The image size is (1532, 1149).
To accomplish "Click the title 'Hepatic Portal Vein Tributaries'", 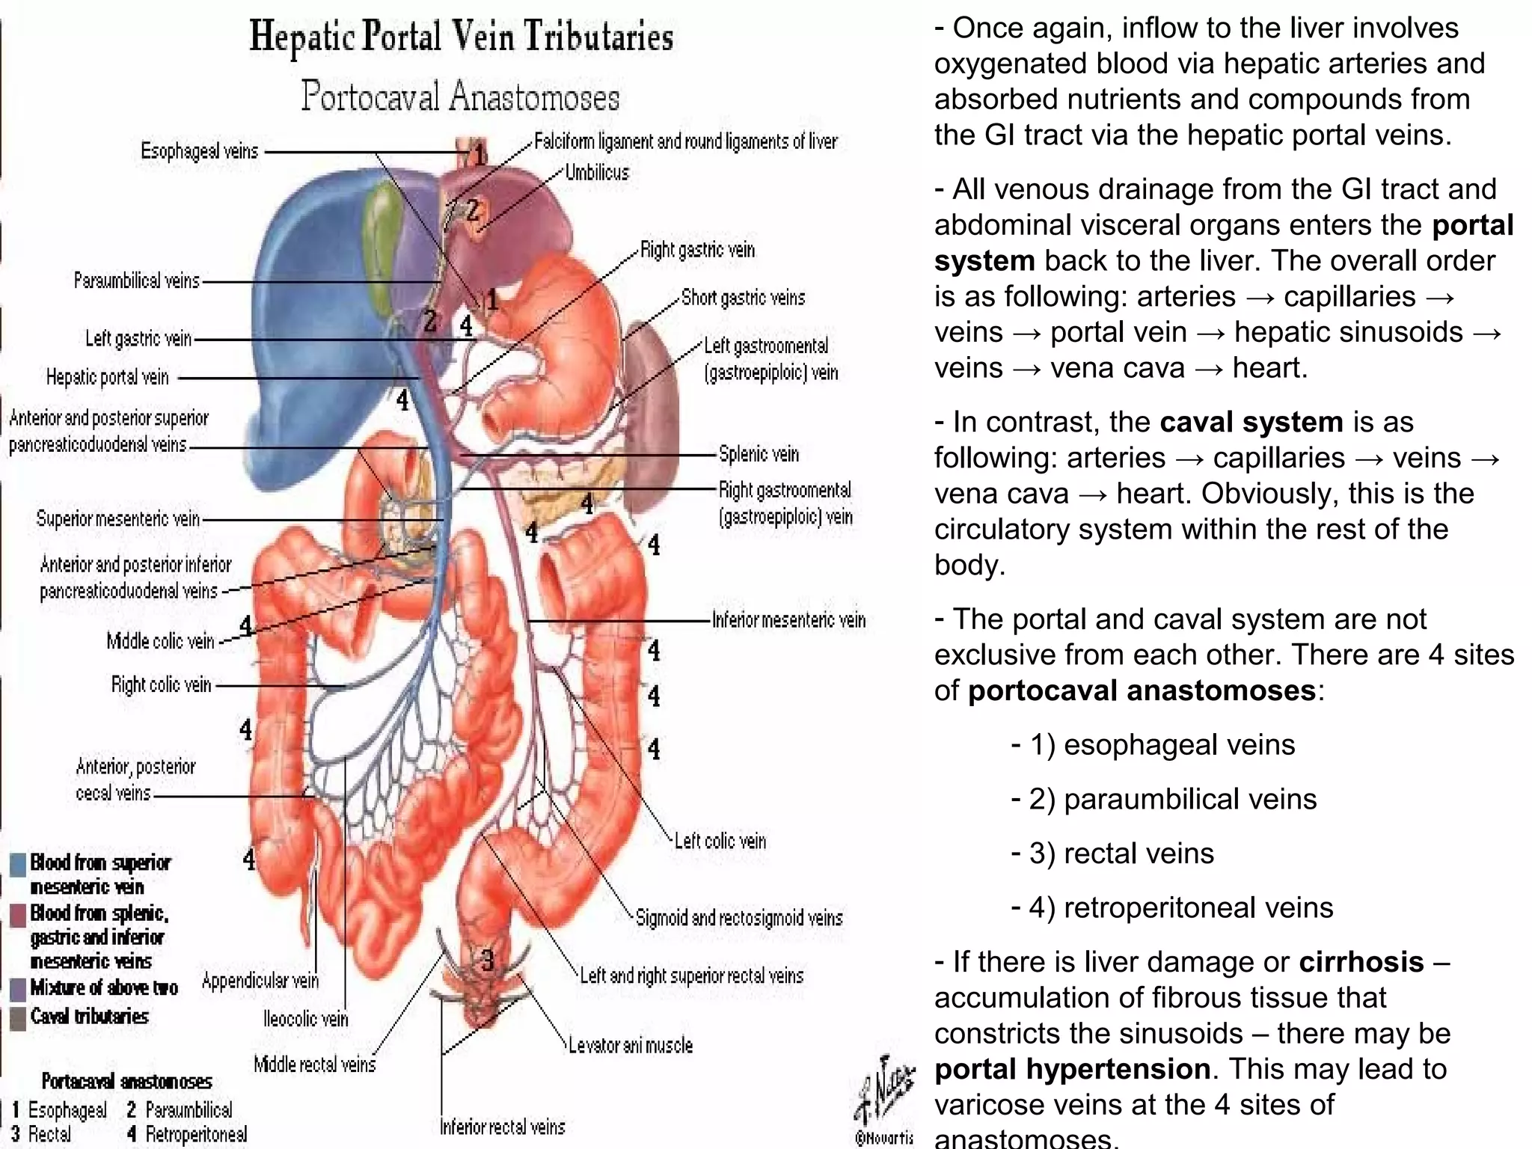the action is pyautogui.click(x=461, y=37).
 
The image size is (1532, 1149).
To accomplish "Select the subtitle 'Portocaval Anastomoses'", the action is pyautogui.click(x=461, y=96).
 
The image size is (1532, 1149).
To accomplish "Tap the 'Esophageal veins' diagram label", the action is pyautogui.click(x=199, y=151).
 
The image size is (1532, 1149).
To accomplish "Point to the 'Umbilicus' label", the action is pyautogui.click(x=597, y=173).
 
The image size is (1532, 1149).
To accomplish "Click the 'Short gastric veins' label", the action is pyautogui.click(x=743, y=298).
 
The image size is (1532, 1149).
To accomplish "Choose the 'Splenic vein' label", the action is pyautogui.click(x=759, y=454).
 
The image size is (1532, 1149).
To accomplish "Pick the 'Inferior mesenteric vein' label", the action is pyautogui.click(x=788, y=620).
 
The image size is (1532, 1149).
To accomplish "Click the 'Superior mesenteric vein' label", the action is pyautogui.click(x=118, y=518).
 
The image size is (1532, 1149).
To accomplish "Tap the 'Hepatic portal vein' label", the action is pyautogui.click(x=108, y=377).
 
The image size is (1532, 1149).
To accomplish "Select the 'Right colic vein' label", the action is pyautogui.click(x=161, y=684).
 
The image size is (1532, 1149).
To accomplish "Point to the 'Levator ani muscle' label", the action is pyautogui.click(x=630, y=1045).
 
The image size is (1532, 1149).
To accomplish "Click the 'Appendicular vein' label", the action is pyautogui.click(x=260, y=981).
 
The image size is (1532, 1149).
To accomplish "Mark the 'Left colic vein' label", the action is pyautogui.click(x=720, y=841).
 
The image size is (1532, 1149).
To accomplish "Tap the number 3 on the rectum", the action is pyautogui.click(x=487, y=960).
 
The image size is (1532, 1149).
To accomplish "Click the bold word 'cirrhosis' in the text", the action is pyautogui.click(x=1361, y=962).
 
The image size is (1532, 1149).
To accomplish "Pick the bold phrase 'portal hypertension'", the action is pyautogui.click(x=1073, y=1069).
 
